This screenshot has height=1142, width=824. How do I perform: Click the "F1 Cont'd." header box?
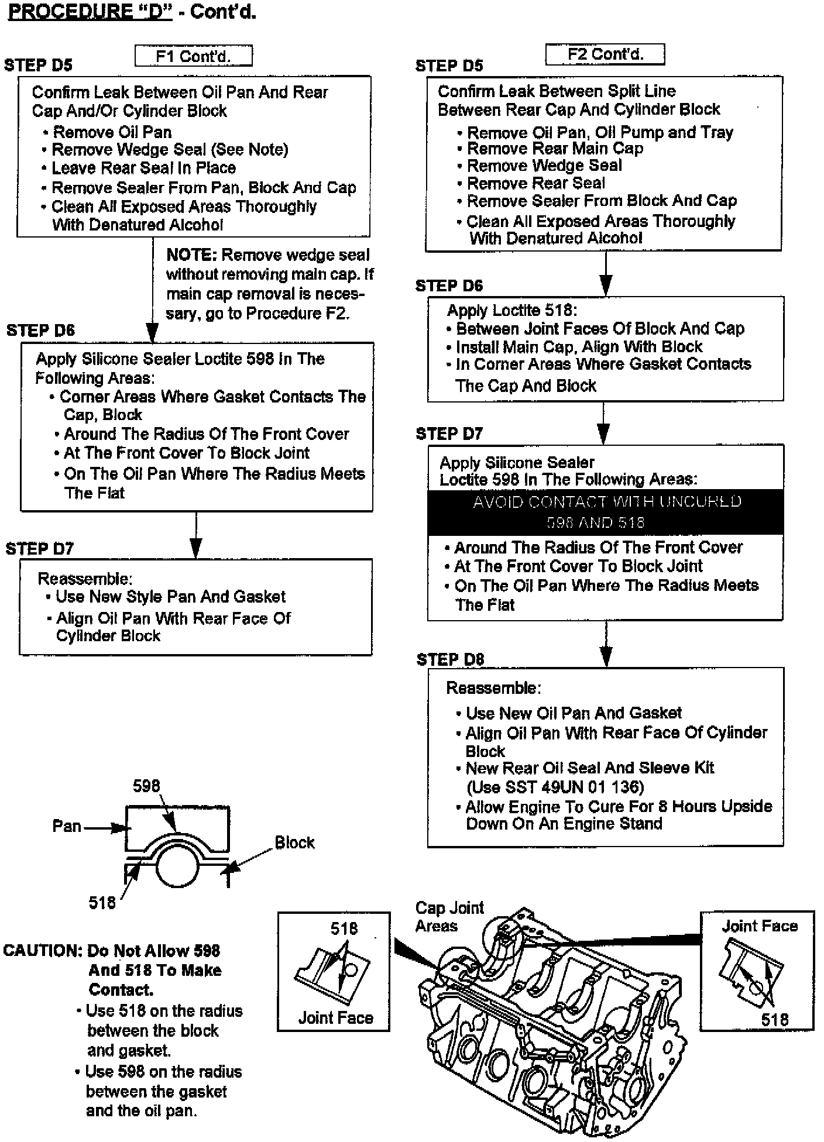(x=194, y=56)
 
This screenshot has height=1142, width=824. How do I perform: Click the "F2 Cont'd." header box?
(x=605, y=54)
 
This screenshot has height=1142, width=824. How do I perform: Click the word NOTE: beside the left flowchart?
(x=191, y=255)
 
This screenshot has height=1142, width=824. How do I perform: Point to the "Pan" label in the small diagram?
(x=67, y=826)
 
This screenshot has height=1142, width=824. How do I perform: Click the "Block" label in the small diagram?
(x=294, y=842)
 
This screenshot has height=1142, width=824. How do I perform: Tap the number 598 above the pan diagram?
(x=146, y=786)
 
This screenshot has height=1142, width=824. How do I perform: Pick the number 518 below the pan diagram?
(x=102, y=903)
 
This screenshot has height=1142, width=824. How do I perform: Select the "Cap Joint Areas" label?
(x=449, y=917)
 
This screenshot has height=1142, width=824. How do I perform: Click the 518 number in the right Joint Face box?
(x=775, y=1020)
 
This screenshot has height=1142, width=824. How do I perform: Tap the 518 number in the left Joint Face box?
(x=344, y=928)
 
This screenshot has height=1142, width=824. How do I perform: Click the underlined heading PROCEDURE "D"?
(x=90, y=12)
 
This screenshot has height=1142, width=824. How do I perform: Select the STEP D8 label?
(x=450, y=660)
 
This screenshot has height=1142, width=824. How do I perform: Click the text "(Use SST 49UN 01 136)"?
(x=555, y=787)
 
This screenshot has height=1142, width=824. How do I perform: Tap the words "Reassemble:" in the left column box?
(x=85, y=579)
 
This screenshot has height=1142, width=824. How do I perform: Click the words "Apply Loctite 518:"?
(x=512, y=310)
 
